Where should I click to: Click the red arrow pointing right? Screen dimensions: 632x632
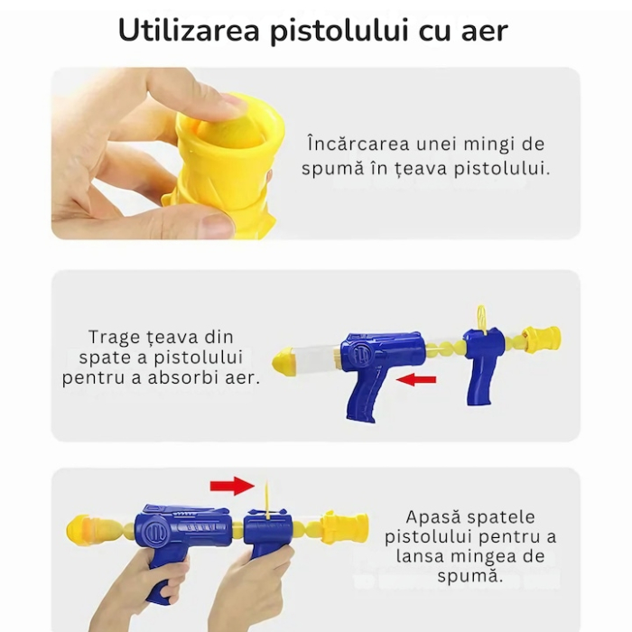click(232, 487)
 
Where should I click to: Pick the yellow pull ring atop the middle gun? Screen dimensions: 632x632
click(482, 315)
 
